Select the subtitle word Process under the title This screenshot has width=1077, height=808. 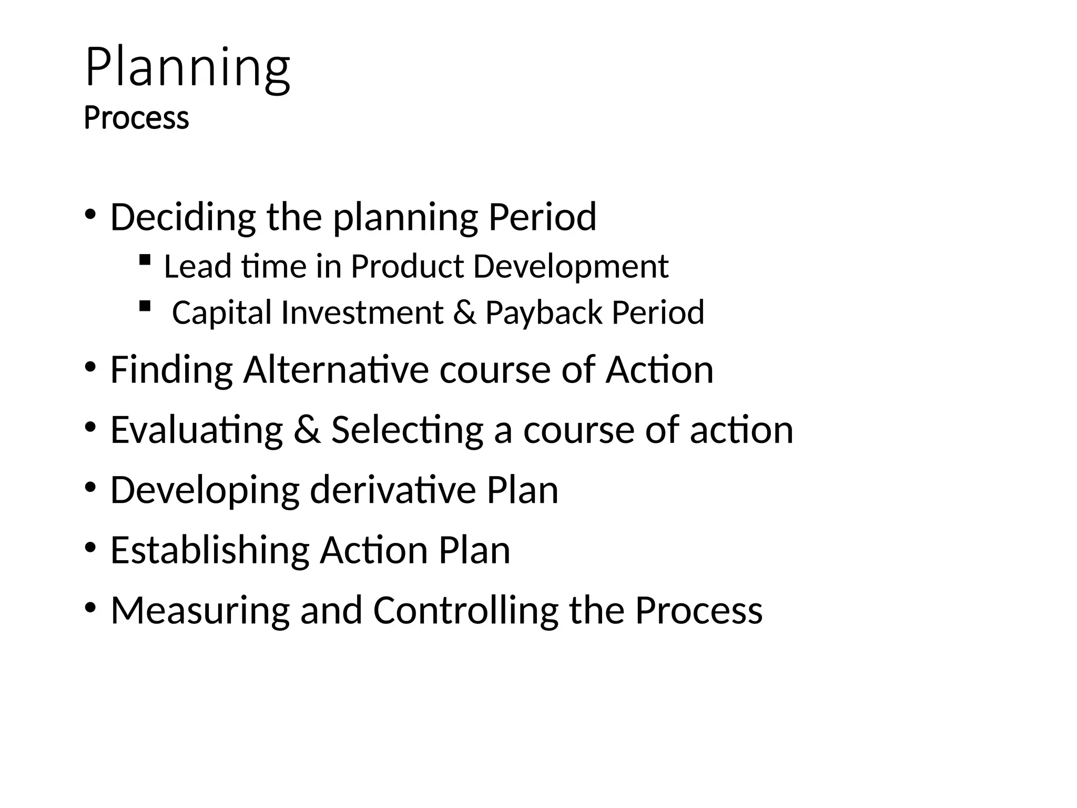[136, 118]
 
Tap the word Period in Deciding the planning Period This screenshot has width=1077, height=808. [542, 217]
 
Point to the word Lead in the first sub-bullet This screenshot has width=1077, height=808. [197, 266]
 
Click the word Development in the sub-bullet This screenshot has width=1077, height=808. [571, 267]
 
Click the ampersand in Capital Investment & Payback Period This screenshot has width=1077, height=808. [464, 313]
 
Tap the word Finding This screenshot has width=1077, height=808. [171, 370]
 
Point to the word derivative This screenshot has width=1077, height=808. [392, 490]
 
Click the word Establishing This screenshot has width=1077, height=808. [210, 551]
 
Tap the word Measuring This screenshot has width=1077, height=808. [200, 611]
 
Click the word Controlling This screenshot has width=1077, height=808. [465, 611]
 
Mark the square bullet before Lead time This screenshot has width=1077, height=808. [145, 259]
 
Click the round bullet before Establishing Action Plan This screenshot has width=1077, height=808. [90, 548]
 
